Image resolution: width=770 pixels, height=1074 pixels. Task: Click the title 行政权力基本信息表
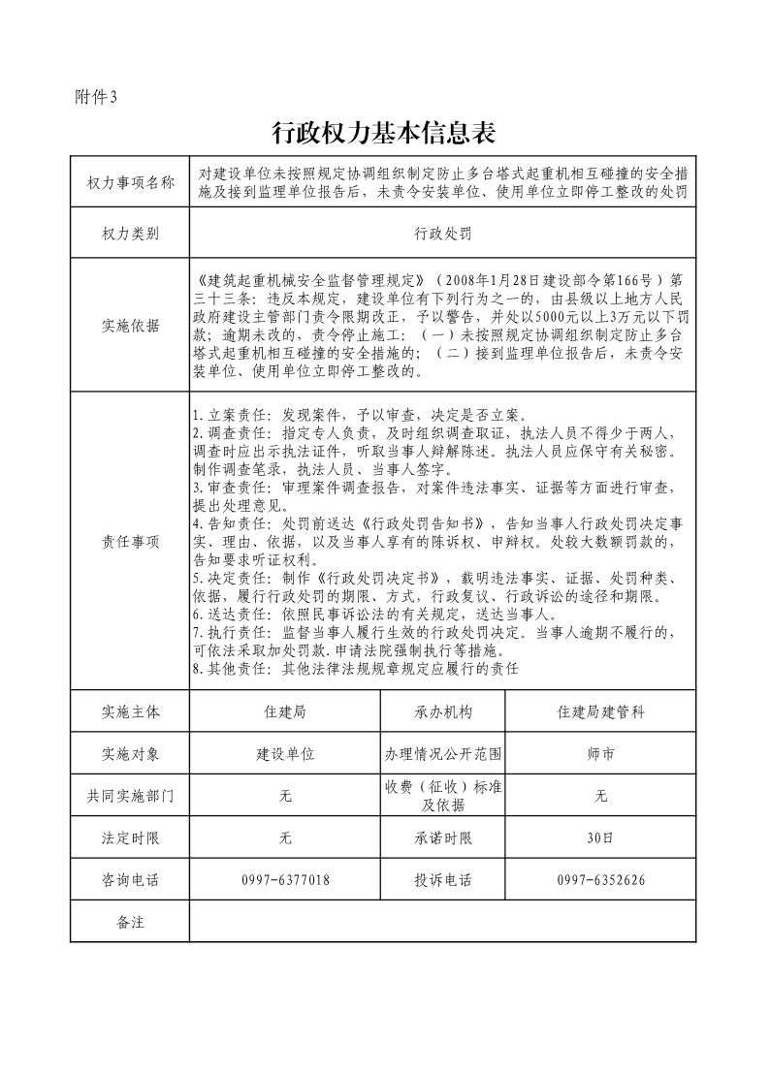[x=385, y=132]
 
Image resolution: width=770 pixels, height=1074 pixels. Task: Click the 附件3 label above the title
[x=95, y=96]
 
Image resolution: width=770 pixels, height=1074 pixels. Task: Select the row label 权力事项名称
[x=130, y=183]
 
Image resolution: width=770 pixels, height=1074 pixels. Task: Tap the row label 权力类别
[x=130, y=234]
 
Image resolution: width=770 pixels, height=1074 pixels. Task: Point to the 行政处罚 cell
[x=442, y=234]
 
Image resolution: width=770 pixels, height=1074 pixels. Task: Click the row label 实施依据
[x=130, y=326]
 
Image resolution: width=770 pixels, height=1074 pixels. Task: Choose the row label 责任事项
[x=130, y=542]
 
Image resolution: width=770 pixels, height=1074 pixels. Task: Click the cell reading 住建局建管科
[x=600, y=711]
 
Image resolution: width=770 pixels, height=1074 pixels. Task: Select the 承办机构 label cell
[x=442, y=711]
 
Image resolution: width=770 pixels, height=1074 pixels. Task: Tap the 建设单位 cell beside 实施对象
[x=285, y=753]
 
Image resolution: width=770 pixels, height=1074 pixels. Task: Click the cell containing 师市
[x=600, y=753]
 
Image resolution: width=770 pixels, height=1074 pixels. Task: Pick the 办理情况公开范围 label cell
[x=442, y=753]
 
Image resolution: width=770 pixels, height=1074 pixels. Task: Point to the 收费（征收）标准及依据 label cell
[x=442, y=796]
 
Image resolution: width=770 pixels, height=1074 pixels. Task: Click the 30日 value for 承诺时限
[x=600, y=837]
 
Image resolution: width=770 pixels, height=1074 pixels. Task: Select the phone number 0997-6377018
[x=285, y=880]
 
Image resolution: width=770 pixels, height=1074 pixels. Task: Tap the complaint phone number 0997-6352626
[x=600, y=880]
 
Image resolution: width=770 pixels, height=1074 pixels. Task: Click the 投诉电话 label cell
[x=442, y=880]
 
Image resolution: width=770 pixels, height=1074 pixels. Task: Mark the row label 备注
[x=130, y=922]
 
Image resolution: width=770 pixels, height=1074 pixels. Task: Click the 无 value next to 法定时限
[x=285, y=837]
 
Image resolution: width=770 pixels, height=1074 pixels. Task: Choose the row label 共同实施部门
[x=130, y=796]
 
